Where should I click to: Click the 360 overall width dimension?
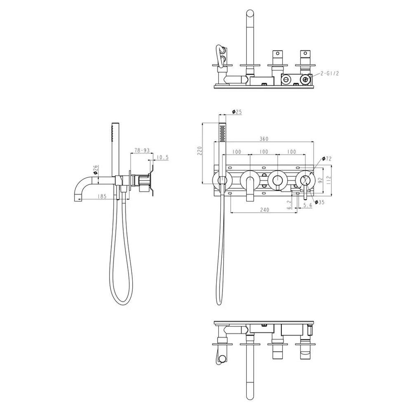(x=264, y=139)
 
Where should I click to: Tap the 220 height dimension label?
(x=200, y=150)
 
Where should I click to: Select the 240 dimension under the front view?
(x=265, y=210)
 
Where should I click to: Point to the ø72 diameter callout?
(x=327, y=159)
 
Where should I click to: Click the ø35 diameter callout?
(x=320, y=202)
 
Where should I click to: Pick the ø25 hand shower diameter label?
(x=237, y=112)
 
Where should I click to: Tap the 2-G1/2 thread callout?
(x=330, y=73)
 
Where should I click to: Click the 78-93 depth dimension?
(x=142, y=150)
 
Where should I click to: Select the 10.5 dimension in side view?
(x=162, y=157)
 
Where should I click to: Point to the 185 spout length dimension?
(x=101, y=196)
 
